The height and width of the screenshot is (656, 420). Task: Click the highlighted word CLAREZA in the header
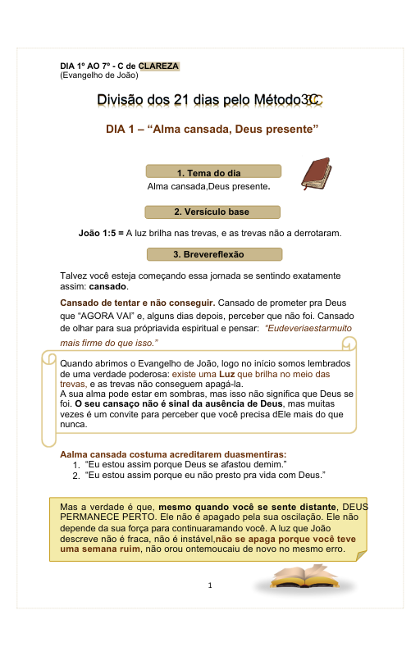click(158, 66)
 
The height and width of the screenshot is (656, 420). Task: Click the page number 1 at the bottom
click(211, 585)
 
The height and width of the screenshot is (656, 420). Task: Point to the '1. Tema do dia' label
click(212, 172)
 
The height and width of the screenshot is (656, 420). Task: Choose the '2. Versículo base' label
click(212, 212)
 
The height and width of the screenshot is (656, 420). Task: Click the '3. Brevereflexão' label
click(212, 254)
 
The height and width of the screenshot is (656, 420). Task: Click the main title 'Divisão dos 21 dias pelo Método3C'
click(210, 100)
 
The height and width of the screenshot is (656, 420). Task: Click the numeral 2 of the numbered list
click(75, 475)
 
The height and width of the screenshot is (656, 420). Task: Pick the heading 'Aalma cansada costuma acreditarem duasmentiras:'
click(173, 453)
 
